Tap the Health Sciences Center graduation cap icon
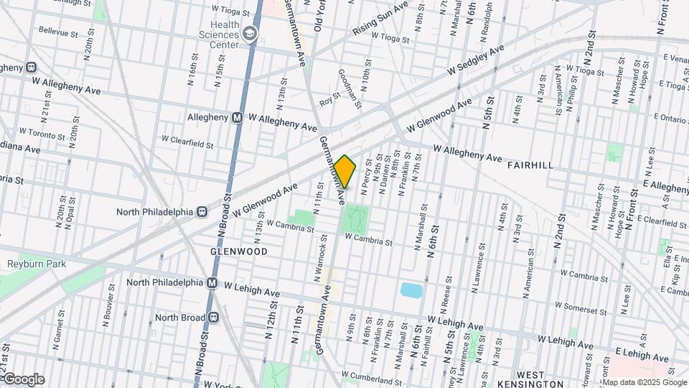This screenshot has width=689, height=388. pyautogui.click(x=249, y=33)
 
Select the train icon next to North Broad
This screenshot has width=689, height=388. pyautogui.click(x=214, y=318)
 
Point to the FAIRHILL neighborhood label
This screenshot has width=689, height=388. pyautogui.click(x=530, y=165)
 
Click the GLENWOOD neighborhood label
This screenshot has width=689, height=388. pyautogui.click(x=240, y=252)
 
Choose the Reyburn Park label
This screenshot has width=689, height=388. pyautogui.click(x=37, y=264)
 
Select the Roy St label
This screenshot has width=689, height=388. pyautogui.click(x=329, y=103)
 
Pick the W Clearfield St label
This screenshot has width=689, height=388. pyautogui.click(x=187, y=142)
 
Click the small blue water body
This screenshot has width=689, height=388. pyautogui.click(x=411, y=290)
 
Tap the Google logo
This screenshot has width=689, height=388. pyautogui.click(x=23, y=379)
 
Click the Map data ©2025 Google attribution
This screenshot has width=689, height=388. pyautogui.click(x=645, y=382)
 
